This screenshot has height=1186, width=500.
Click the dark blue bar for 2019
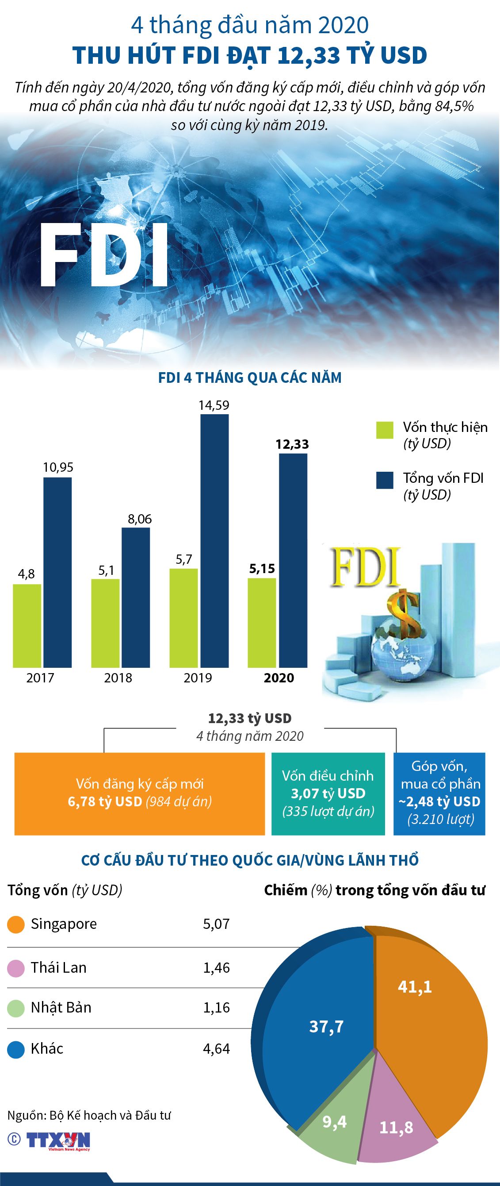click(x=215, y=541)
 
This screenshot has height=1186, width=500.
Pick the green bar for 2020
click(x=262, y=623)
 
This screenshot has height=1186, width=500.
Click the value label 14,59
click(x=214, y=405)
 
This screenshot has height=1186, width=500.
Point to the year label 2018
click(x=118, y=678)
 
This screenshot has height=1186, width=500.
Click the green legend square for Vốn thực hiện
click(x=385, y=430)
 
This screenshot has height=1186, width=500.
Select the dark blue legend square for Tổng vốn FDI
click(x=385, y=480)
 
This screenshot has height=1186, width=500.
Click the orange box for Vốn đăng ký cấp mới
click(x=139, y=793)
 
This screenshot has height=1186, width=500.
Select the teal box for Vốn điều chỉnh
click(x=328, y=793)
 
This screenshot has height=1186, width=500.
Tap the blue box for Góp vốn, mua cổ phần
click(x=439, y=793)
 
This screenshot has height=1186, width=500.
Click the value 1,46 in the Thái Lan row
click(x=216, y=968)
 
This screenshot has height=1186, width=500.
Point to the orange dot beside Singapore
click(x=16, y=924)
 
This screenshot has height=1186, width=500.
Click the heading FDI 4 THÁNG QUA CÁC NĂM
click(x=250, y=378)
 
